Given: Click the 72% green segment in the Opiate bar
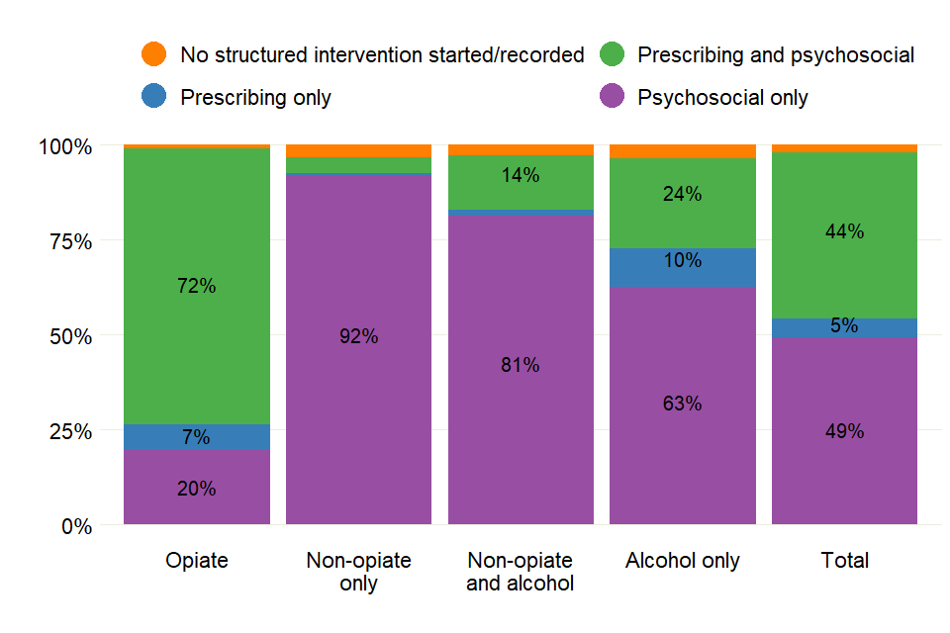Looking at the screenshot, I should [x=197, y=286].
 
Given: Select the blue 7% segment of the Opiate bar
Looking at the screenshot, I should [x=197, y=436].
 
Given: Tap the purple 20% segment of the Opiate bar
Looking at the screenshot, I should [x=197, y=488].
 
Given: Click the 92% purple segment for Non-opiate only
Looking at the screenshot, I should [x=358, y=336].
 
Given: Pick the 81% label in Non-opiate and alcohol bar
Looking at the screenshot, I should [x=521, y=365].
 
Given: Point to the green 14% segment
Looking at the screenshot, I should [x=521, y=176].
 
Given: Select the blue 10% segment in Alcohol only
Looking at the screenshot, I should [x=683, y=261].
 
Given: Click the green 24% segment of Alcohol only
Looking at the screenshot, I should [x=683, y=195].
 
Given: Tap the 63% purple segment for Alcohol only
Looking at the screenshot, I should [x=683, y=404].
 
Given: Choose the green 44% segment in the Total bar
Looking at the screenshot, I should [x=844, y=232].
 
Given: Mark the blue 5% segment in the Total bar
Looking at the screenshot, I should [x=844, y=326].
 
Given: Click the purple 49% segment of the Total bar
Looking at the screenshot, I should [x=844, y=431].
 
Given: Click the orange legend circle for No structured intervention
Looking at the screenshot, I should [x=154, y=54].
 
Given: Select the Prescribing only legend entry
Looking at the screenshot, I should [x=255, y=97].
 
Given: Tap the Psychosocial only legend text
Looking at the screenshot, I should [x=722, y=97].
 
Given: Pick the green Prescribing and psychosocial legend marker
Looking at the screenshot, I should [x=613, y=54].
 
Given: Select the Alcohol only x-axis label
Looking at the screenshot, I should [x=683, y=561].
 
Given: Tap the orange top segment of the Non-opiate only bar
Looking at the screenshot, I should [x=358, y=150].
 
